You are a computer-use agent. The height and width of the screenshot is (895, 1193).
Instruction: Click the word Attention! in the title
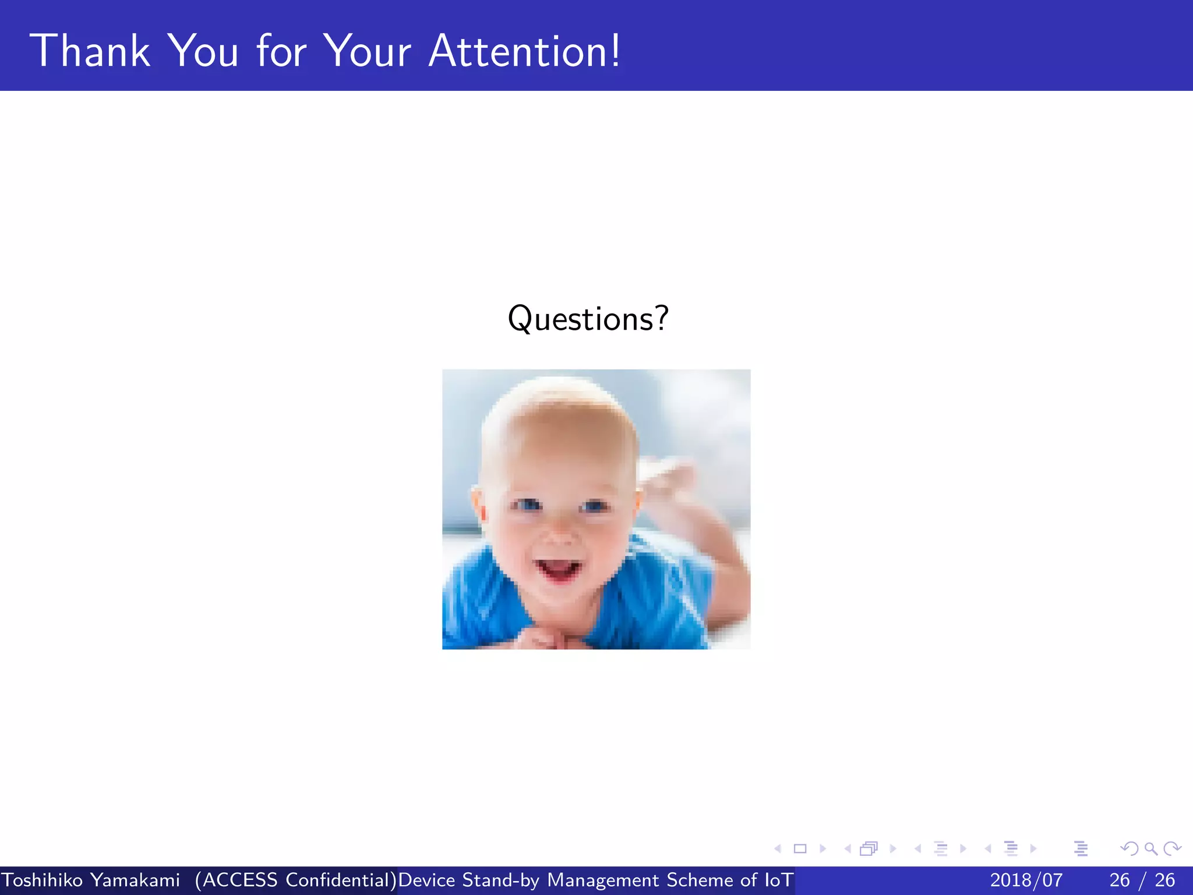tap(524, 51)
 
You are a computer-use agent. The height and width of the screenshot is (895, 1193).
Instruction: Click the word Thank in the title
tap(90, 51)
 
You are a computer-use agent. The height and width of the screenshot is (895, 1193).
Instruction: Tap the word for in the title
tap(281, 51)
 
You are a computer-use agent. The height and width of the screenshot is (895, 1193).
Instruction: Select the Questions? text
tap(588, 319)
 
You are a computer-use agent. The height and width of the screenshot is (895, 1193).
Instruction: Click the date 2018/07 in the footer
tap(1026, 880)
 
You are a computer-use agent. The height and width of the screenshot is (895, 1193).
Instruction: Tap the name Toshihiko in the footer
tap(42, 880)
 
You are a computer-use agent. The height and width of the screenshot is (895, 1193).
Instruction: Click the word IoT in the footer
tap(779, 880)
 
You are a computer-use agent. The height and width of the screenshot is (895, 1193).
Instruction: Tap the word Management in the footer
tap(603, 880)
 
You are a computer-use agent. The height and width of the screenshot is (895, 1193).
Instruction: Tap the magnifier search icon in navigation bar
tap(1150, 848)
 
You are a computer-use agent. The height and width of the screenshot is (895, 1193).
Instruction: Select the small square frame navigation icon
tap(800, 848)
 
